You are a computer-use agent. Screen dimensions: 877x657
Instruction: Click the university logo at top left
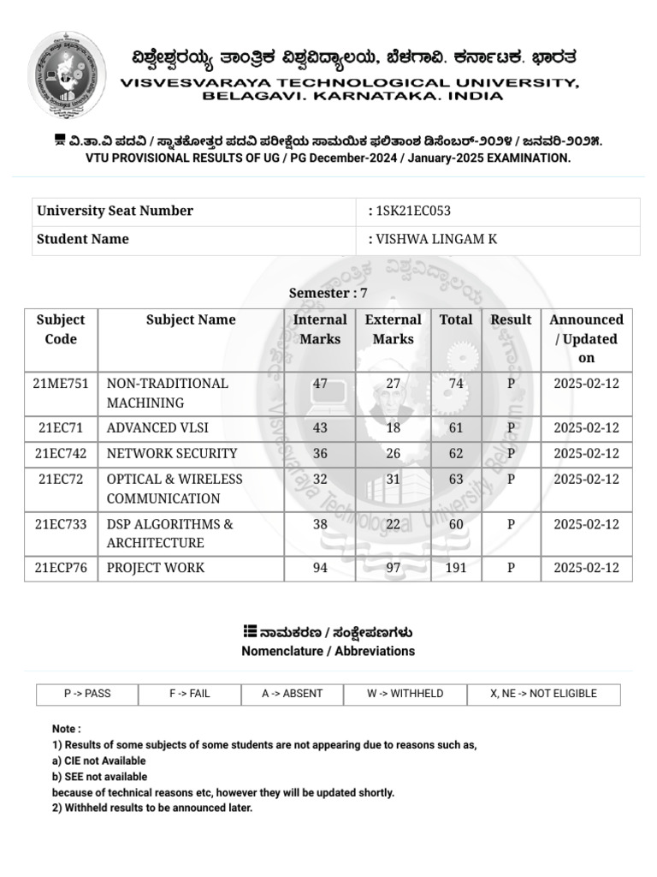[x=68, y=75]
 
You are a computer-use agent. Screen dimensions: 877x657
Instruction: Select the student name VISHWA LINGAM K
[x=436, y=240]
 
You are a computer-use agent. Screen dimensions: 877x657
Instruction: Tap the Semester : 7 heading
[x=328, y=293]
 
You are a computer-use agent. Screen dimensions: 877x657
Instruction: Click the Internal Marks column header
[x=320, y=329]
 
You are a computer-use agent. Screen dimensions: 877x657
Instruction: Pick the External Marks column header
[x=393, y=329]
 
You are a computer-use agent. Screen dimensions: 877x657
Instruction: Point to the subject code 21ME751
[x=61, y=384]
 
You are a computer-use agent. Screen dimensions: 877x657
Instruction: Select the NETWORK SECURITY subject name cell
[x=172, y=454]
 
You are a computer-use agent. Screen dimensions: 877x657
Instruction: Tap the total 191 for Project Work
[x=456, y=568]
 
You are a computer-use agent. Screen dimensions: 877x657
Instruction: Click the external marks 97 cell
[x=393, y=568]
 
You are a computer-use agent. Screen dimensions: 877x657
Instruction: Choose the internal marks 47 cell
[x=320, y=384]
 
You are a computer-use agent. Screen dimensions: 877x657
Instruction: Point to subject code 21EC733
[x=61, y=524]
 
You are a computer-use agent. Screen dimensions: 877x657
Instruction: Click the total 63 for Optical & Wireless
[x=456, y=480]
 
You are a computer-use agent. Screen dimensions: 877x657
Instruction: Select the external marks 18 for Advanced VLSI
[x=393, y=428]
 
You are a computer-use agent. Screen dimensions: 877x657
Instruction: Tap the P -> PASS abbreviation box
[x=87, y=694]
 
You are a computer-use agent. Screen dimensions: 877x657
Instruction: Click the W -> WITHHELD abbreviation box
[x=405, y=694]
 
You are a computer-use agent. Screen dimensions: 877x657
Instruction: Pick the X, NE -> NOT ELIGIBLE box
[x=543, y=694]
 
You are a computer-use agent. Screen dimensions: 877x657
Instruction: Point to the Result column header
[x=511, y=319]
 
